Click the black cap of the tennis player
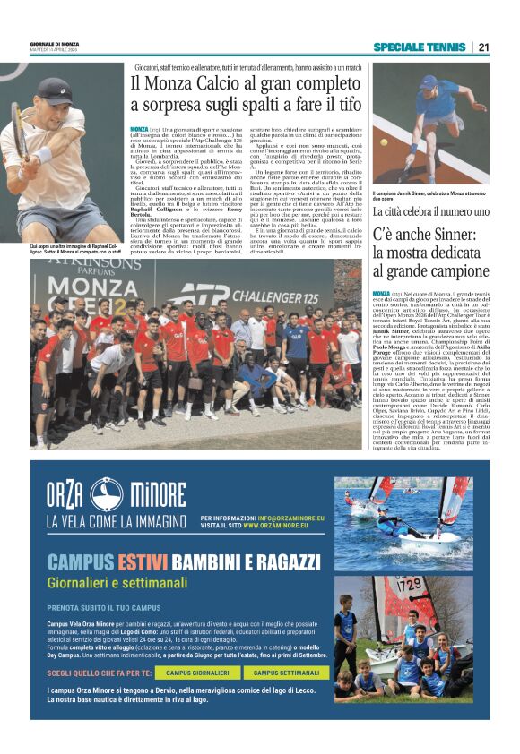[x=56, y=90]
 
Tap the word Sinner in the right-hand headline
[x=443, y=237]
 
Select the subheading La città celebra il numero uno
[x=430, y=211]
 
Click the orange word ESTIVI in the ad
[x=142, y=562]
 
